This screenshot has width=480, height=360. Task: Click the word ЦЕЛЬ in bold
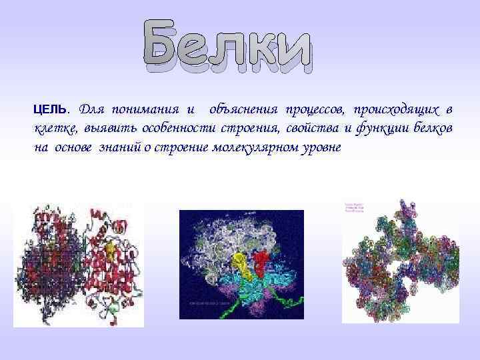49,109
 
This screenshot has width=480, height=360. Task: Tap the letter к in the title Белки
261,52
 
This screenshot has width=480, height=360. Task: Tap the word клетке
55,128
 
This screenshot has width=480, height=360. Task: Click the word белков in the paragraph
433,128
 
